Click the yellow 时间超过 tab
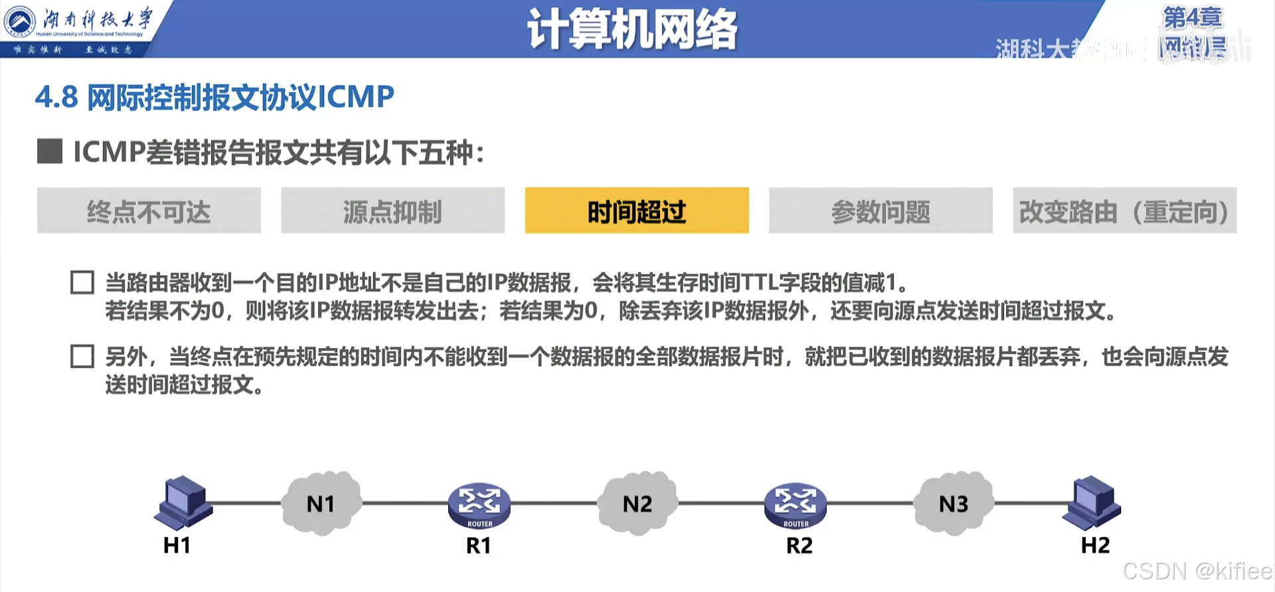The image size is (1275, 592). point(636,211)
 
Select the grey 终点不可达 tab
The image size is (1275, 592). point(149,211)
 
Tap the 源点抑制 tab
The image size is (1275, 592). point(392,211)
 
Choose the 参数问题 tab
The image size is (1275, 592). point(881,211)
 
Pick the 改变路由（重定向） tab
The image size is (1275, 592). point(1124,211)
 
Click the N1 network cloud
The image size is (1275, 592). point(321,504)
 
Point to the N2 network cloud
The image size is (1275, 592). point(637,504)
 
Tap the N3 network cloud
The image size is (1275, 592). point(954,504)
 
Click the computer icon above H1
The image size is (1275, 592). point(183,502)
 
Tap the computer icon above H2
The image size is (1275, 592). point(1092,502)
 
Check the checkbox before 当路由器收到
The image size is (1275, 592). point(82,282)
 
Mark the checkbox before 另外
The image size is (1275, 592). point(82,357)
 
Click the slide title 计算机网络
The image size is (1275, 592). point(632,29)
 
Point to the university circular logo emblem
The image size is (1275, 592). point(20,22)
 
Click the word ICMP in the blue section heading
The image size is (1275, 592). point(356,97)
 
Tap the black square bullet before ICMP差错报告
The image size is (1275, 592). point(50,151)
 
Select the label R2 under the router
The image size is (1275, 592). point(799,545)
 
